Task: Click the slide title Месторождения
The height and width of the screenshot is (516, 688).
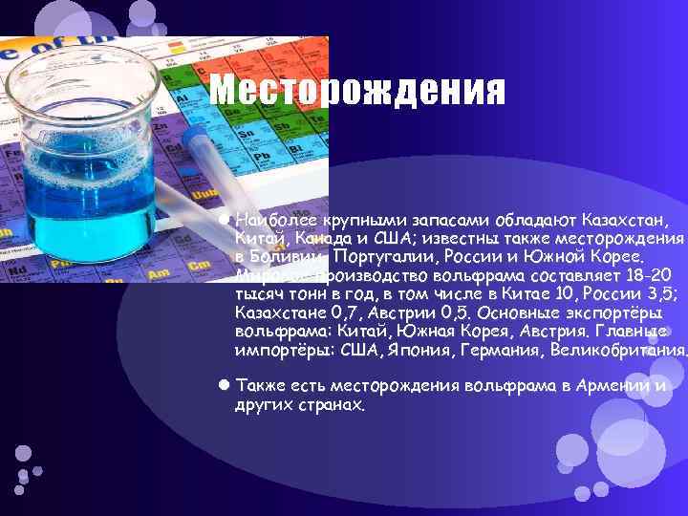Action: point(356,91)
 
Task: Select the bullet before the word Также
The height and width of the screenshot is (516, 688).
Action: point(223,385)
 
